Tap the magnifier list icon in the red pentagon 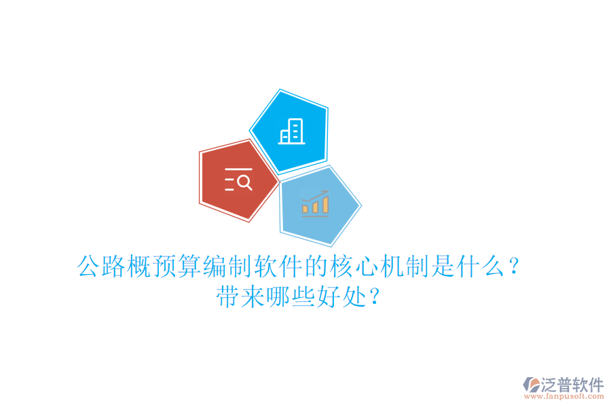coord(238,179)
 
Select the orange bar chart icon coord(316,203)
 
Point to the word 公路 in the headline coord(101,267)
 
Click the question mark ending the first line coord(514,267)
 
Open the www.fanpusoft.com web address coord(563,398)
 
